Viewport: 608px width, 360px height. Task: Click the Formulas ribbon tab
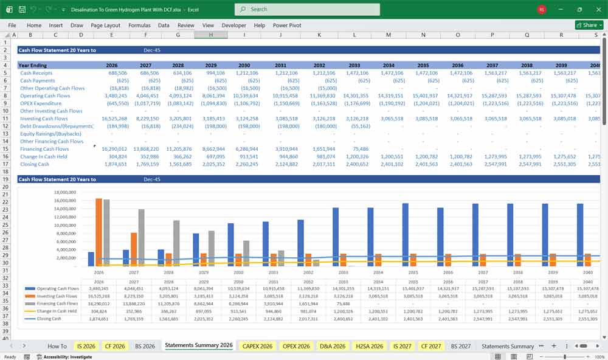(139, 26)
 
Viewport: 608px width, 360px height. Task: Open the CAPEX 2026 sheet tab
(257, 346)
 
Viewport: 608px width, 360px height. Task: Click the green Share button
(589, 26)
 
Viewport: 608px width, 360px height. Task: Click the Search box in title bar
(307, 9)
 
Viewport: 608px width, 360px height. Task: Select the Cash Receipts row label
(36, 73)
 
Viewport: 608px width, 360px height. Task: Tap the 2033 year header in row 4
(354, 65)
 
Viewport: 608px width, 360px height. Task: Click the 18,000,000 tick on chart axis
(64, 192)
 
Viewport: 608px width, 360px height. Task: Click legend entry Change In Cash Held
(57, 311)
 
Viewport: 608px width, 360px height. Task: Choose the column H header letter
(211, 35)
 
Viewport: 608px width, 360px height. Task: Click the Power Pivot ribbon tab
(287, 26)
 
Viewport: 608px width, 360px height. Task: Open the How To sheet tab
(57, 346)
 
